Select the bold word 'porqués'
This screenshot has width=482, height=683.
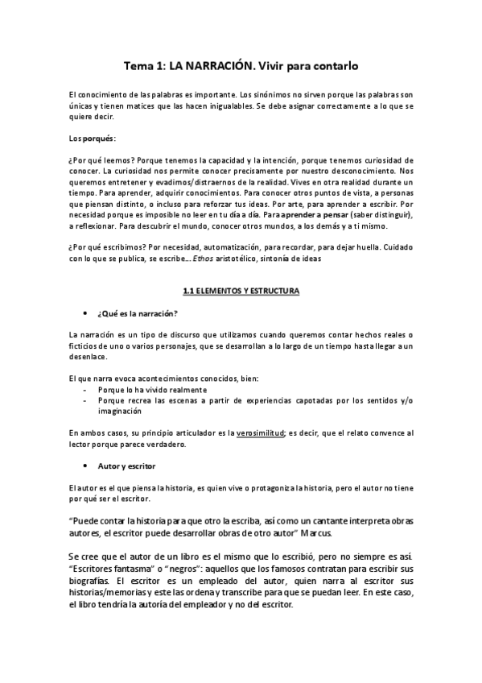coord(98,139)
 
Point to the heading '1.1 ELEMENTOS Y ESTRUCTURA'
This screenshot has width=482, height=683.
coord(241,290)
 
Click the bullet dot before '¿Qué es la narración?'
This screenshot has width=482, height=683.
coord(85,313)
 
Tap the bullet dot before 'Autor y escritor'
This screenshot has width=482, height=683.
coord(85,466)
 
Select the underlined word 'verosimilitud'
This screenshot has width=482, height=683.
coord(260,433)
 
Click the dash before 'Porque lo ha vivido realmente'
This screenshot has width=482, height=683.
coord(85,388)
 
